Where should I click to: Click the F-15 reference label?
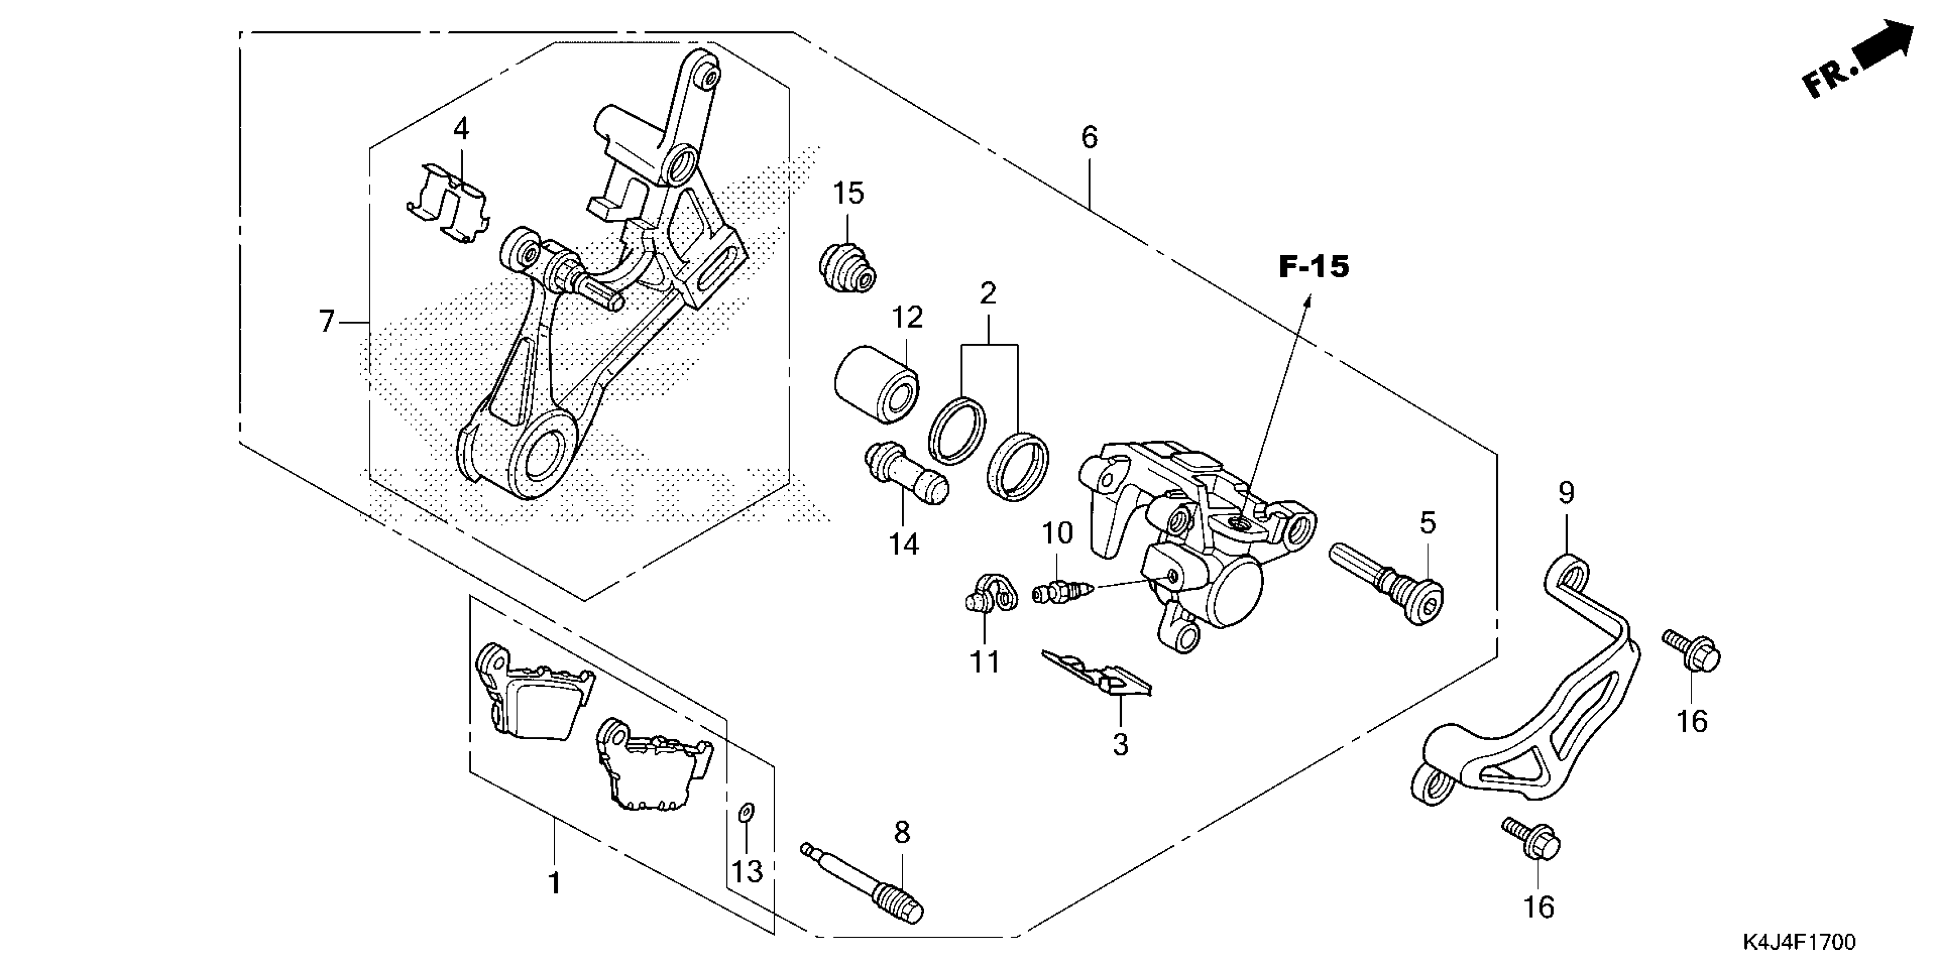click(1314, 268)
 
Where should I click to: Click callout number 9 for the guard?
click(1566, 493)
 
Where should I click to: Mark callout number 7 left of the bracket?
click(326, 322)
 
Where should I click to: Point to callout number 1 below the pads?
click(554, 883)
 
